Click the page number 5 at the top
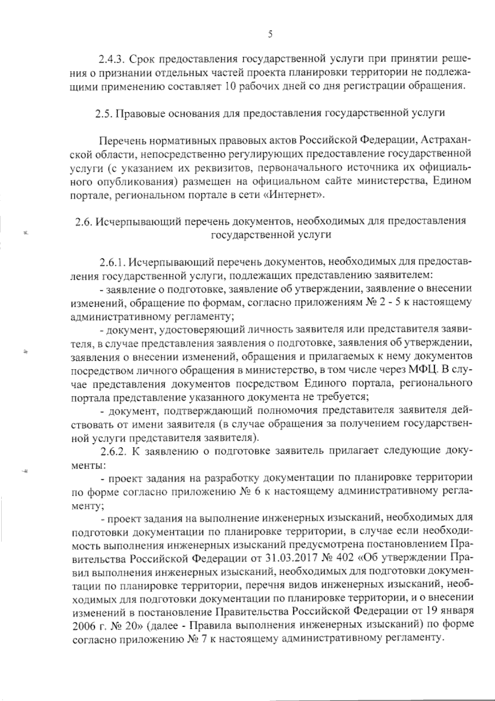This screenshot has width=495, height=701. (x=270, y=35)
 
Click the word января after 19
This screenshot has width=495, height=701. (x=457, y=611)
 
